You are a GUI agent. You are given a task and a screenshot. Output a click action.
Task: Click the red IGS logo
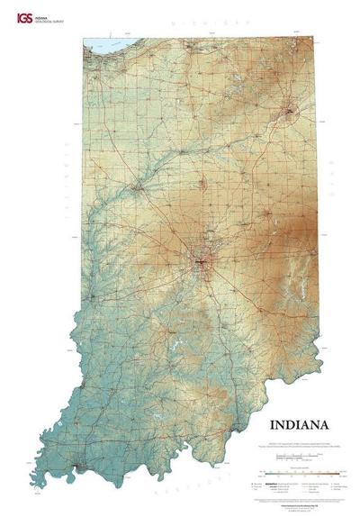coord(14,17)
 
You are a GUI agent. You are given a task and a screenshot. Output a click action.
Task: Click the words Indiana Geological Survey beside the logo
coord(41,17)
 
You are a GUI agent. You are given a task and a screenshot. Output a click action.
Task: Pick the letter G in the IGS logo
coord(14,17)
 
